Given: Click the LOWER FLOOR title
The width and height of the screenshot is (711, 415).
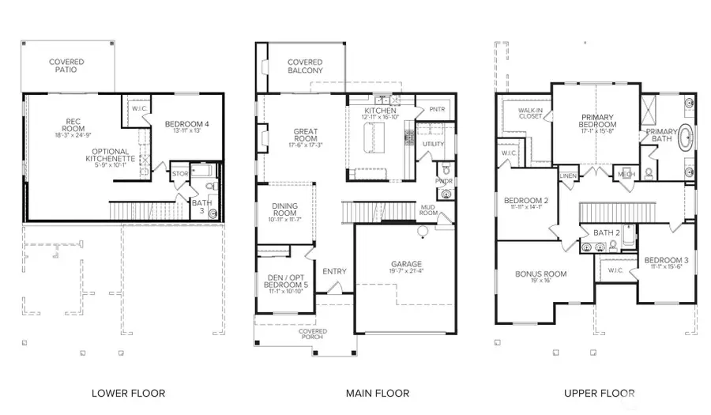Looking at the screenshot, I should point(128,393).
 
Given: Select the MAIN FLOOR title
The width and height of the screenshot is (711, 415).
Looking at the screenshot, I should point(378,393).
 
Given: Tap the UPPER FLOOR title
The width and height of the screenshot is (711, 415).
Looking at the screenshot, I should point(600,393).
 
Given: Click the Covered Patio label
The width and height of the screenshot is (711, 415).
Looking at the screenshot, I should point(66,66).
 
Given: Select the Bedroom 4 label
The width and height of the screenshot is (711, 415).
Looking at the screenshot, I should point(187,125).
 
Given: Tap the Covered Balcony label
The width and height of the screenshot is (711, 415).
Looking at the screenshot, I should point(305,66).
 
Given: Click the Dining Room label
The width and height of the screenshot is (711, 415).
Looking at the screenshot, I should point(285,209).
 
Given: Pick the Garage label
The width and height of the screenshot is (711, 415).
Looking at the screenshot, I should point(406,264).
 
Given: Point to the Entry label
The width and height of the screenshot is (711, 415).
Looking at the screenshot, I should point(334,271).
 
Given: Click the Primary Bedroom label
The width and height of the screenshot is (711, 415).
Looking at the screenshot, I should point(597,121).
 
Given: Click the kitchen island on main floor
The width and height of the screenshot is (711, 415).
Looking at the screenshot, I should point(369,139).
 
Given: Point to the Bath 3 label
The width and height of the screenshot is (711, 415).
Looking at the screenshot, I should point(202,206).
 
